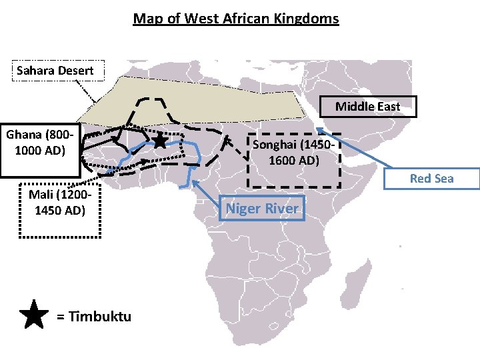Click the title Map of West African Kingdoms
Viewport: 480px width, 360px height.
pyautogui.click(x=236, y=18)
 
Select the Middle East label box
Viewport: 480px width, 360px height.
pyautogui.click(x=367, y=107)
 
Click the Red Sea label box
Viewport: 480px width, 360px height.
pyautogui.click(x=431, y=179)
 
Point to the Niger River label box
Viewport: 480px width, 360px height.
pyautogui.click(x=262, y=209)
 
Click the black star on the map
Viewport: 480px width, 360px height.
pyautogui.click(x=160, y=141)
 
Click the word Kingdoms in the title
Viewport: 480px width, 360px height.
pyautogui.click(x=305, y=18)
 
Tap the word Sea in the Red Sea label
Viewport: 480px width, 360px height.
pyautogui.click(x=443, y=179)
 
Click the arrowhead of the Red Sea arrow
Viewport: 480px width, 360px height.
pyautogui.click(x=319, y=129)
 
